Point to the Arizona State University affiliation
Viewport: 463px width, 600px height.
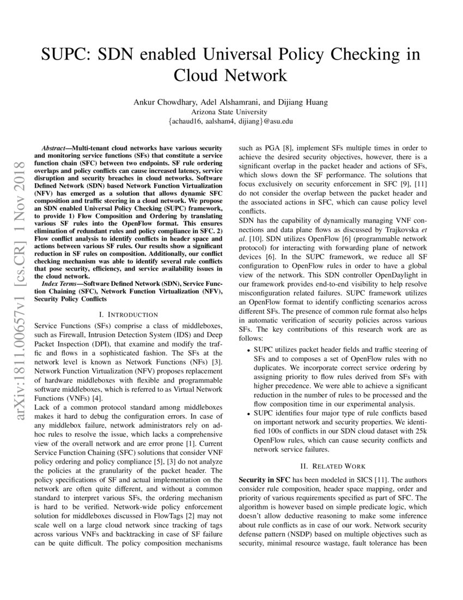pyautogui.click(x=231, y=111)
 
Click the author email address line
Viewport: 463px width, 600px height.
pyautogui.click(x=231, y=121)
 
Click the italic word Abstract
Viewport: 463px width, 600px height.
pyautogui.click(x=57, y=148)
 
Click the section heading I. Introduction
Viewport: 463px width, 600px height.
pyautogui.click(x=129, y=315)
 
